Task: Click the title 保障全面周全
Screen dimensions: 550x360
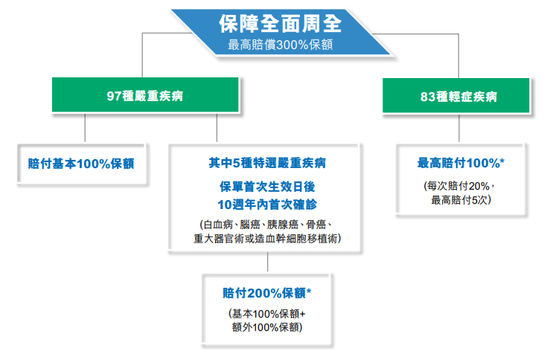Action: [280, 24]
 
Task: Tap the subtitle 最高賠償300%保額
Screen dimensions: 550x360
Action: [281, 45]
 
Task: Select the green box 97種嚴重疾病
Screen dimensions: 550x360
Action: [145, 94]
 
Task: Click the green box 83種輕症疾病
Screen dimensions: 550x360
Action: [455, 95]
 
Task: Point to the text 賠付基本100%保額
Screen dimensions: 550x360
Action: [81, 164]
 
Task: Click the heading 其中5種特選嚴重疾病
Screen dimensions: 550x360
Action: [267, 163]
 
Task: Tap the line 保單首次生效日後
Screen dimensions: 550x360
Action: [267, 187]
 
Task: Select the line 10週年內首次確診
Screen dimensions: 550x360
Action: [267, 205]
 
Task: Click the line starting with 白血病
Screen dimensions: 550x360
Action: [266, 225]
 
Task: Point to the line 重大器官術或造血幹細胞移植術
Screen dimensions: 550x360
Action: [267, 239]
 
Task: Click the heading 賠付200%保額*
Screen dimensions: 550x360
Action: [267, 293]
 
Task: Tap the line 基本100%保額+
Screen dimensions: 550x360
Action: [267, 313]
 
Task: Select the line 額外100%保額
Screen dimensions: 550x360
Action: [267, 327]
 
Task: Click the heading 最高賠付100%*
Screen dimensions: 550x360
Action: [461, 163]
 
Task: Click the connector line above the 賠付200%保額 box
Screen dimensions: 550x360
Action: [268, 262]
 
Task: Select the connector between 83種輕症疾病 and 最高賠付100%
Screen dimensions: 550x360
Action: [459, 128]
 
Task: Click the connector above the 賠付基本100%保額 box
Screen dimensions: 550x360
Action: [85, 128]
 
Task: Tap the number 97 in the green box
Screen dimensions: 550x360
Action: [114, 96]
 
